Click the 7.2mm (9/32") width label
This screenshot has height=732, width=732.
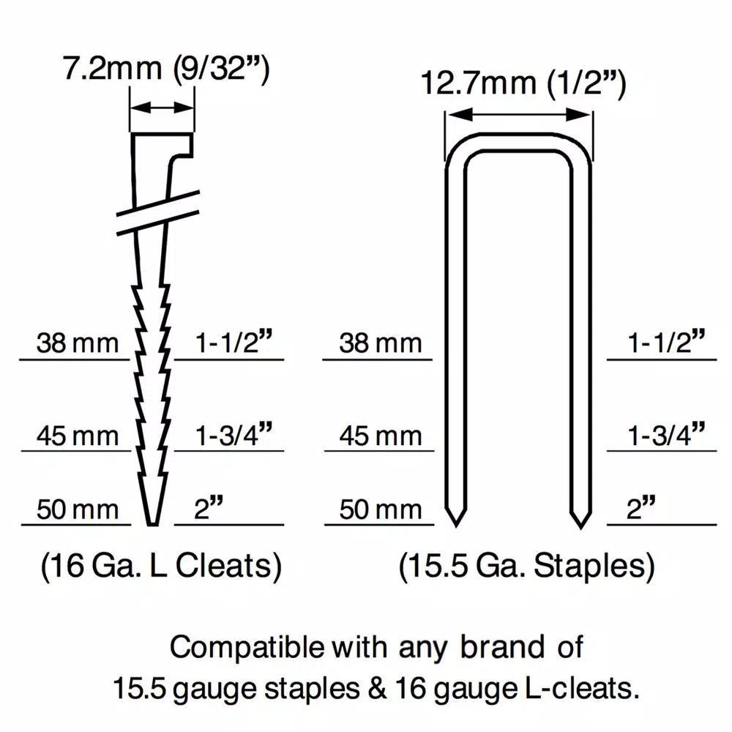tap(166, 69)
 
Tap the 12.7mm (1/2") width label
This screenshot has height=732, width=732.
tap(523, 83)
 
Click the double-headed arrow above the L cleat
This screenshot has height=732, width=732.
tap(162, 108)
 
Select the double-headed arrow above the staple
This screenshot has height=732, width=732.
tap(519, 115)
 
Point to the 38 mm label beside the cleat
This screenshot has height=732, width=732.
tap(78, 343)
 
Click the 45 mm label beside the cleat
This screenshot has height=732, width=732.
tap(78, 436)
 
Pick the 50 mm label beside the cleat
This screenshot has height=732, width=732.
tap(78, 509)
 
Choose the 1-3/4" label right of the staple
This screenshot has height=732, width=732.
tap(665, 434)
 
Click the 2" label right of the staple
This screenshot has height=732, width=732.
tap(641, 508)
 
